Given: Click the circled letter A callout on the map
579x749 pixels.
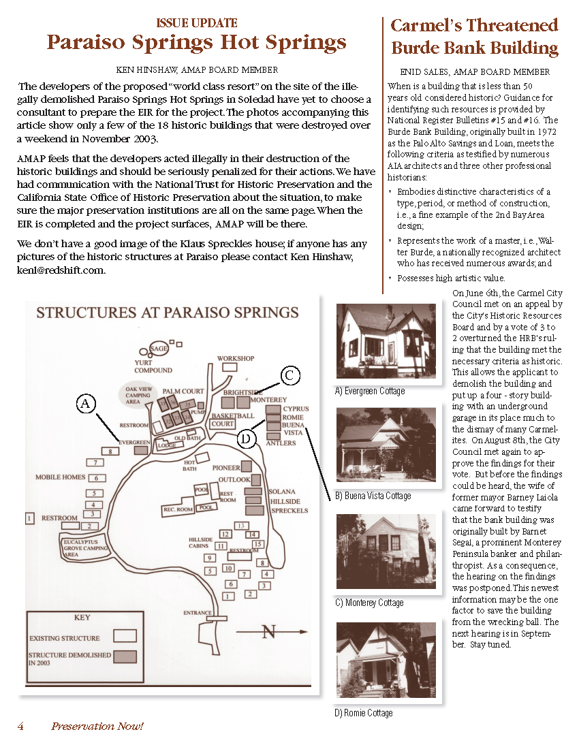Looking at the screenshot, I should click(x=85, y=404).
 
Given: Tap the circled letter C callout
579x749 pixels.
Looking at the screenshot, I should click(x=289, y=374).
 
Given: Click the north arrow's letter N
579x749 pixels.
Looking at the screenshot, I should click(x=269, y=633).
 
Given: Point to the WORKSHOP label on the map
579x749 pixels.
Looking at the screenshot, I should click(x=236, y=358).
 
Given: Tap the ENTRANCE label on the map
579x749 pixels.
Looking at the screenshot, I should click(x=198, y=613).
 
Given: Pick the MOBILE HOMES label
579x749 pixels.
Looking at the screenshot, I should click(x=61, y=477).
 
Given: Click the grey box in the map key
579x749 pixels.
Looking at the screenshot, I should click(x=124, y=656).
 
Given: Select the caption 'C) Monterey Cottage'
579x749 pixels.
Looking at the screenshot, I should click(x=369, y=603).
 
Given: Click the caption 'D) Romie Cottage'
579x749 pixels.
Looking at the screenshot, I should click(x=363, y=713).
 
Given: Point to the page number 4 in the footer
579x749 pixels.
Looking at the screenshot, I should click(x=21, y=726).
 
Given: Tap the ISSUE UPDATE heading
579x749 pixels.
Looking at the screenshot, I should click(x=197, y=23).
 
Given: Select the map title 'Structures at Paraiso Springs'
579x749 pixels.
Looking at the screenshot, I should click(x=167, y=313).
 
